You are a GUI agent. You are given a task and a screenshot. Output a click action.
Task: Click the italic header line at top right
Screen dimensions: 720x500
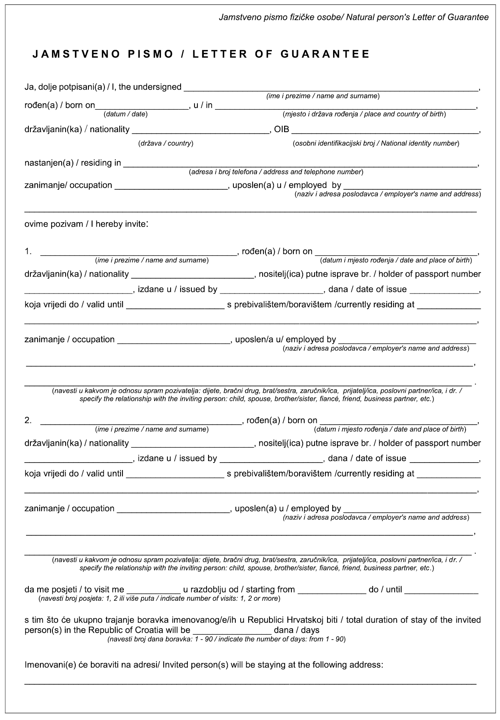353,18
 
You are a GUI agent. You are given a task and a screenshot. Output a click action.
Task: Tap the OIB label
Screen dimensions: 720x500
281,129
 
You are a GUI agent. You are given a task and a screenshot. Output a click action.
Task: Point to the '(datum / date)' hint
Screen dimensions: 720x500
126,114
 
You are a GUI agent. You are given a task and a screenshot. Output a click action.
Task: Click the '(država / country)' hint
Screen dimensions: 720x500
165,143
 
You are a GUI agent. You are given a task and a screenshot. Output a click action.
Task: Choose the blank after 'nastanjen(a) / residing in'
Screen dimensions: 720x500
300,164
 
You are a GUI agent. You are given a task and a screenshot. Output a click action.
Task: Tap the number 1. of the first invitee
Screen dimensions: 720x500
28,251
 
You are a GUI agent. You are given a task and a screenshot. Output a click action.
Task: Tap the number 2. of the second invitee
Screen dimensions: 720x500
28,420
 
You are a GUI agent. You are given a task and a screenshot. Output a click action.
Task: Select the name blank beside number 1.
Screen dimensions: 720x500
139,253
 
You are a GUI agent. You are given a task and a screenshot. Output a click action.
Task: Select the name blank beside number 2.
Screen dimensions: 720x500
141,422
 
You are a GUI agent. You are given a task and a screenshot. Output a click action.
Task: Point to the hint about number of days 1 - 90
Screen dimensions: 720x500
226,639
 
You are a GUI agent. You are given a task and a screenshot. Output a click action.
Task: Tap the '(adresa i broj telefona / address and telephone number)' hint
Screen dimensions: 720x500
276,172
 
